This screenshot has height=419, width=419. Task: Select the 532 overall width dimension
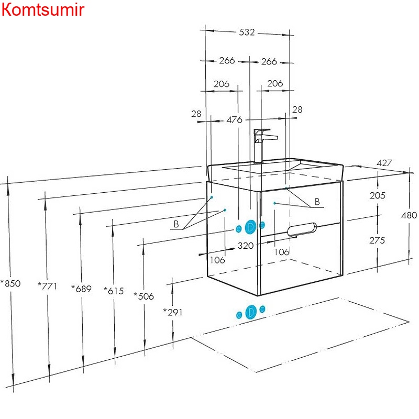click(x=247, y=32)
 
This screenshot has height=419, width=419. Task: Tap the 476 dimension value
click(x=234, y=120)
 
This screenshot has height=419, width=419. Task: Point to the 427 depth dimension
click(x=384, y=163)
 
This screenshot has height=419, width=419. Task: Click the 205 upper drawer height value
click(x=377, y=195)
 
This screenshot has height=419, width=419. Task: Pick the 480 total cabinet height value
click(x=409, y=215)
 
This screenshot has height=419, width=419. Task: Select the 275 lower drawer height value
click(x=377, y=240)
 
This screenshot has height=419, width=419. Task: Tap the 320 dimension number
click(x=246, y=245)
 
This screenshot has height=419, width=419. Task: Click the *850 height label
click(x=10, y=284)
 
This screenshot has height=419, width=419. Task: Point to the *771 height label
click(x=48, y=286)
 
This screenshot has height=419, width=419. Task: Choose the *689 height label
click(x=81, y=289)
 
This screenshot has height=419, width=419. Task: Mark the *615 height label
click(x=114, y=291)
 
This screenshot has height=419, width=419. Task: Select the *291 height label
click(x=173, y=312)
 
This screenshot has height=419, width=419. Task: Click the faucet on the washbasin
click(x=260, y=144)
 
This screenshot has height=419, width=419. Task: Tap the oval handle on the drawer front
click(x=302, y=229)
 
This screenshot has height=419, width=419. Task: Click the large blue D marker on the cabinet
click(x=251, y=227)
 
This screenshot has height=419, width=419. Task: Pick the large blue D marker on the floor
click(x=251, y=312)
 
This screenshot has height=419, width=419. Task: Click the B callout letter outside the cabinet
click(x=177, y=224)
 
